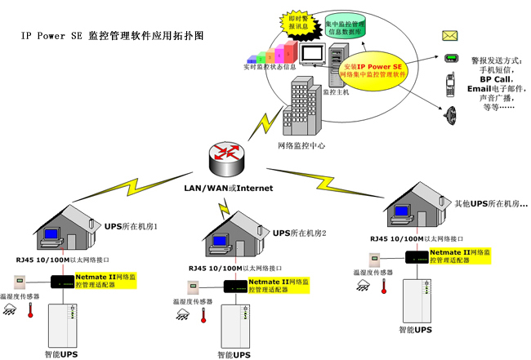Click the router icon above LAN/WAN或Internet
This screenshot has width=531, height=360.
point(226,155)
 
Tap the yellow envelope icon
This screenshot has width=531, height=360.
point(450,35)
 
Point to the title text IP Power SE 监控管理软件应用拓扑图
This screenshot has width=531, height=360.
point(112,37)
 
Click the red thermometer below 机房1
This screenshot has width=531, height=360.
point(30,310)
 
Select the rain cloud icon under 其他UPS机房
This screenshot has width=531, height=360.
point(362,284)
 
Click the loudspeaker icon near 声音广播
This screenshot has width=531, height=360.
point(448,113)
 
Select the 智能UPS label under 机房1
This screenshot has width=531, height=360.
point(61,353)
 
